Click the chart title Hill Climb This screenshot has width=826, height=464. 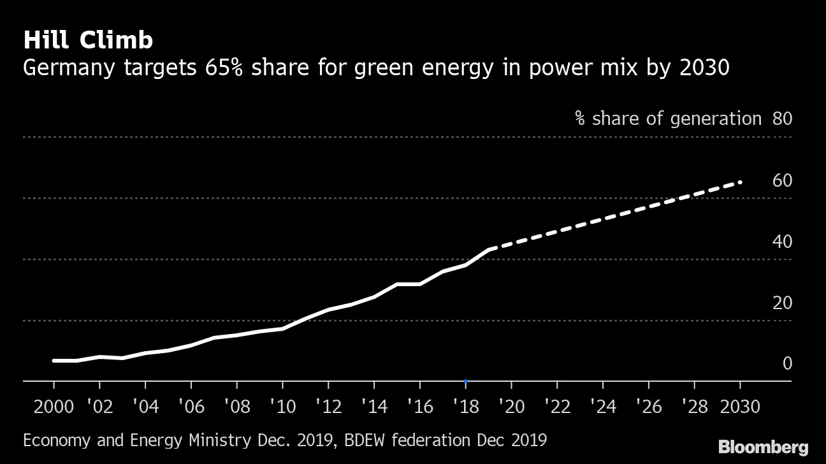pyautogui.click(x=88, y=40)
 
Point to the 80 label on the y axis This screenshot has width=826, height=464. pyautogui.click(x=782, y=119)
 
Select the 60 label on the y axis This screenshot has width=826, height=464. pyautogui.click(x=782, y=181)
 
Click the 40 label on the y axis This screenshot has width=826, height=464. pyautogui.click(x=782, y=242)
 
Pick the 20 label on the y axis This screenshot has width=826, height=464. pyautogui.click(x=782, y=303)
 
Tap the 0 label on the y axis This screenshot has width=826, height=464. pyautogui.click(x=787, y=364)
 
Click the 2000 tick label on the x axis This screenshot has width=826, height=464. pyautogui.click(x=54, y=406)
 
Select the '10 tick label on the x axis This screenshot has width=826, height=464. pyautogui.click(x=282, y=406)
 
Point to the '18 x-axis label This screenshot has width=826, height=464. pyautogui.click(x=465, y=406)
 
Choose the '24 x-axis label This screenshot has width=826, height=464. pyautogui.click(x=602, y=406)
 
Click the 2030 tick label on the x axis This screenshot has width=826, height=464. pyautogui.click(x=739, y=406)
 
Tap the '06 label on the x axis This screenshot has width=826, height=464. pyautogui.click(x=191, y=406)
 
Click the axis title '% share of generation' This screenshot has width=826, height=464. pyautogui.click(x=668, y=119)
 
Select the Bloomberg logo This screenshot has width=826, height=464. pyautogui.click(x=763, y=447)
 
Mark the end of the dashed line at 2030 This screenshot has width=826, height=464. pyautogui.click(x=740, y=182)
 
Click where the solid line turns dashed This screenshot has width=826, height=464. pyautogui.click(x=489, y=249)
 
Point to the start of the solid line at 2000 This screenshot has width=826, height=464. pyautogui.click(x=54, y=361)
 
